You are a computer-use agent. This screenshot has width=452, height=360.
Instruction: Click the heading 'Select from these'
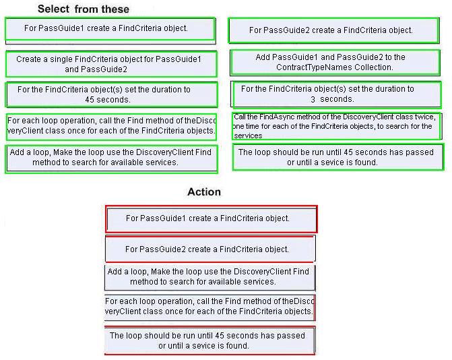[84, 9]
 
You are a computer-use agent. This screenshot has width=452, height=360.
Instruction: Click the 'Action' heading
[204, 192]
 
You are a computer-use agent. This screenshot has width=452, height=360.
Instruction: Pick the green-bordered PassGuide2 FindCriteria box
[334, 30]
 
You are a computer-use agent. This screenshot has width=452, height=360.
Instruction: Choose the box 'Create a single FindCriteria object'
[111, 64]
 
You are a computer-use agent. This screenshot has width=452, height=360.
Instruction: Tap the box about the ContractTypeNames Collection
[335, 62]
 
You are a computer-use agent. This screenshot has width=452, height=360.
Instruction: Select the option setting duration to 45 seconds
[111, 94]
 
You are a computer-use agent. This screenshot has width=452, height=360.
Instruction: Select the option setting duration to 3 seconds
[336, 94]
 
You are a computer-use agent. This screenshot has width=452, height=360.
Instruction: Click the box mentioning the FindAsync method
[336, 126]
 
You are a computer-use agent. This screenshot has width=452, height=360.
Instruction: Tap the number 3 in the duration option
[313, 99]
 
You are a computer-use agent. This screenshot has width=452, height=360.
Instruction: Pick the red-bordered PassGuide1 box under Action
[212, 219]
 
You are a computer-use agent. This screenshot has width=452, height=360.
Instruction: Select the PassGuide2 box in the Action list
[210, 249]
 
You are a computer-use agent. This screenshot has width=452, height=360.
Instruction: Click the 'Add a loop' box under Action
[210, 278]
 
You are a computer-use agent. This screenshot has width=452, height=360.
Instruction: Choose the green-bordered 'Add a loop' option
[111, 159]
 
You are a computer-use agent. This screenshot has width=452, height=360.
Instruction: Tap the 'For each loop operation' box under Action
[210, 307]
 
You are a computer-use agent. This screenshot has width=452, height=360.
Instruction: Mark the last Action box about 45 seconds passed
[210, 340]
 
